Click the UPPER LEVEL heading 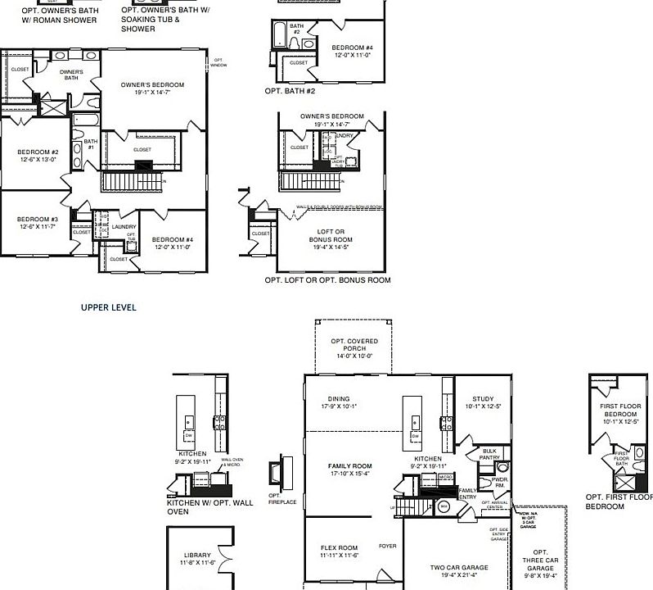coord(108,308)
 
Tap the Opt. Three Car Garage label coord(540,564)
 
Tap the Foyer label coord(388,546)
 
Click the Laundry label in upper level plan coord(124,227)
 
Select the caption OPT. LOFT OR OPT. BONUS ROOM coord(327,280)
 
